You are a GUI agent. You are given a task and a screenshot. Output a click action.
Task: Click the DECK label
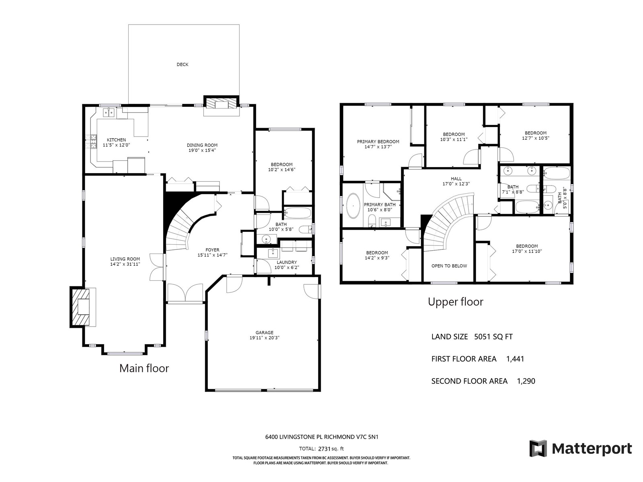[x=182, y=64]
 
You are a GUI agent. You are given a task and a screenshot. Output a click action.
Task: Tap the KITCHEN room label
[x=116, y=140]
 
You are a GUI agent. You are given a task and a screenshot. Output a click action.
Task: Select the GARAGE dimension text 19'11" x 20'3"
[x=264, y=338]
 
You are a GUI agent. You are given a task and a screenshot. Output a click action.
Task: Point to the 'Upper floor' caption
[x=455, y=302]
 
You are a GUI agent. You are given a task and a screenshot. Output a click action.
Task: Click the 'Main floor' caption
[x=144, y=368]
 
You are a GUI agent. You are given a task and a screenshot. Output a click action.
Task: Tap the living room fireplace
[x=80, y=307]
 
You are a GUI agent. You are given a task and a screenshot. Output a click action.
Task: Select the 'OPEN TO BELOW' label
[x=449, y=266]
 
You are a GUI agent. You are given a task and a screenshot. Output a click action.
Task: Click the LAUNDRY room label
[x=287, y=262]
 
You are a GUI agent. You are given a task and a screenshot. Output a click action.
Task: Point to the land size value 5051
[x=482, y=337]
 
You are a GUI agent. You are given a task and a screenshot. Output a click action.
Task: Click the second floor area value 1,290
[x=526, y=381]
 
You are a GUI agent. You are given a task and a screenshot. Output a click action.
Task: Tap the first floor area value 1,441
[x=515, y=359]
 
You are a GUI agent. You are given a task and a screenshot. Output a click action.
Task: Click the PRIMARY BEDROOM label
[x=378, y=142]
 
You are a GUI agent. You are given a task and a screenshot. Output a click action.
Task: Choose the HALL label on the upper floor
[x=456, y=178]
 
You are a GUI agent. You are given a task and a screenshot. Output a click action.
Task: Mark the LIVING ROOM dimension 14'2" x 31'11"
[x=125, y=264]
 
